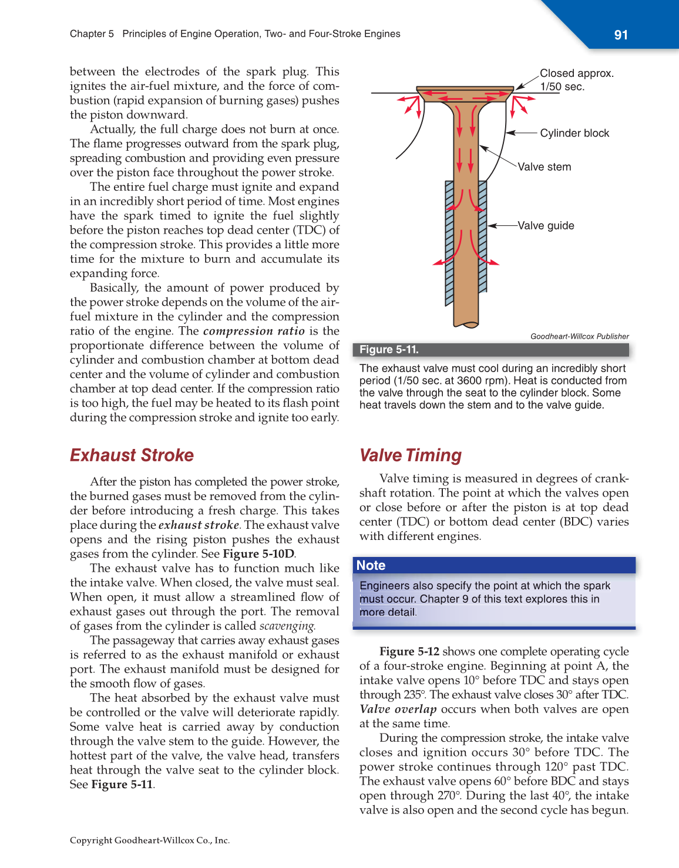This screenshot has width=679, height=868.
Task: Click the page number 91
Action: point(621,35)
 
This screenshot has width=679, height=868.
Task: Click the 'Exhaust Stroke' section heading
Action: point(132,455)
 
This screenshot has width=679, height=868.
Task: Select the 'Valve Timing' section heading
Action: point(410,455)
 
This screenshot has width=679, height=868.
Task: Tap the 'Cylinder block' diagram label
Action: point(574,133)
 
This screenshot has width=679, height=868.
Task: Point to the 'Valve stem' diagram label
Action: point(544,167)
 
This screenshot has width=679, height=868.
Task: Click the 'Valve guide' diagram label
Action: point(546,225)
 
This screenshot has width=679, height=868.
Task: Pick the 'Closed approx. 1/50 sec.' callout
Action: point(576,80)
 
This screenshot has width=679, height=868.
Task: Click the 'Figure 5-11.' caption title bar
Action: point(389,350)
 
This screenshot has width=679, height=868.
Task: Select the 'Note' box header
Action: point(371,565)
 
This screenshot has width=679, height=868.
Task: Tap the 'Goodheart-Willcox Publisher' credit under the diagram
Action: point(579,336)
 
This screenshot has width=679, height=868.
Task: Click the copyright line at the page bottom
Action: point(150,840)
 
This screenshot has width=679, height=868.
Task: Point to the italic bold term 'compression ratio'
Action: point(254,331)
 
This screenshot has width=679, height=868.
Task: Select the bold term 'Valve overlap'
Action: point(398,709)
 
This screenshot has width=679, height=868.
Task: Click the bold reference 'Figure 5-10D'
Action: point(258,553)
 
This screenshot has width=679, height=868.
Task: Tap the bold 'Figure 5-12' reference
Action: point(409,651)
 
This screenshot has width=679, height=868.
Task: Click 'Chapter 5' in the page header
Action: point(92,34)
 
